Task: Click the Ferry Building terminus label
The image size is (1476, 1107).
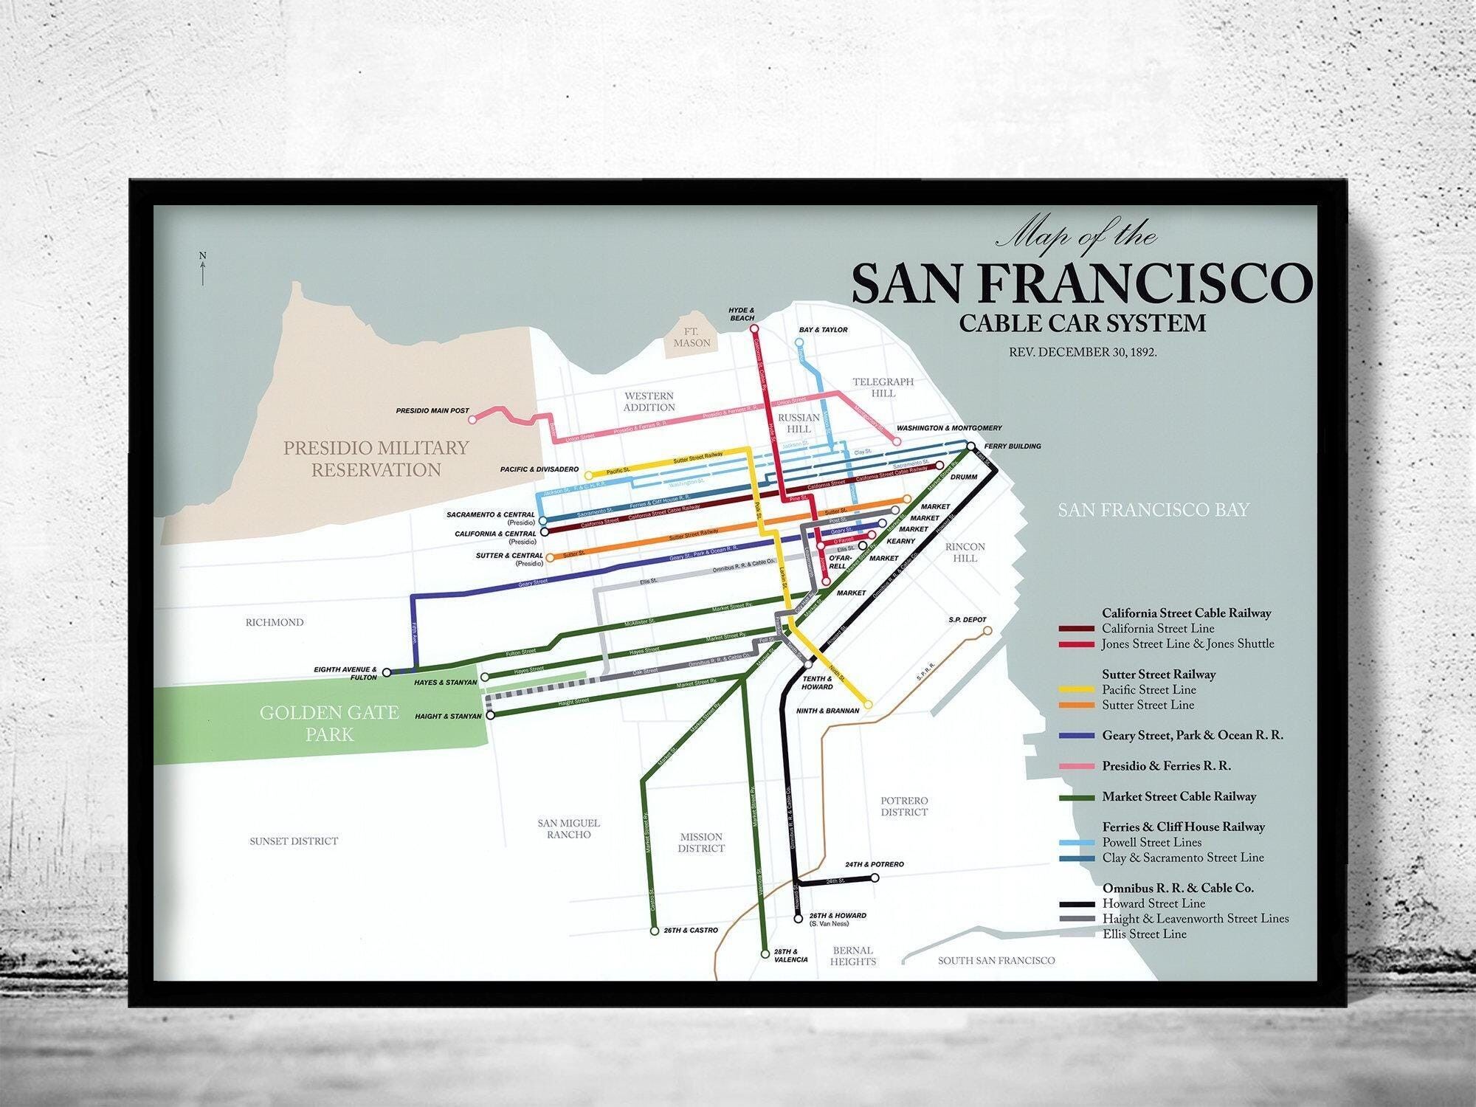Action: pos(1013,446)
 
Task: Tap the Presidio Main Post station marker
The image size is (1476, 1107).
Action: pos(474,419)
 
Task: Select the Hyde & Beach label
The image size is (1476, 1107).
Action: pos(741,314)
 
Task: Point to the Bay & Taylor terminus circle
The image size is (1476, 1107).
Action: pos(799,342)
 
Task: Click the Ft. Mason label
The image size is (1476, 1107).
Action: pos(692,337)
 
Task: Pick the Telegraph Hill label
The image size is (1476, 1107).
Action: pos(883,387)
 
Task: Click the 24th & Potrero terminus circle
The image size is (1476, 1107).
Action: pos(875,878)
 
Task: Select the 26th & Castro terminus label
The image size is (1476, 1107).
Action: pos(690,931)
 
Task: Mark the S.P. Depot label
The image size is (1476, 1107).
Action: pos(967,620)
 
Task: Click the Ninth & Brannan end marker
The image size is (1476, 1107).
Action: pos(868,705)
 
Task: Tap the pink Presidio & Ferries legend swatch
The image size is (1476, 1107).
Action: pos(1076,767)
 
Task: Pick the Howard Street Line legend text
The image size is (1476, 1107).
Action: pos(1153,903)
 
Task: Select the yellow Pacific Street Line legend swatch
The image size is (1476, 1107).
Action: pos(1076,690)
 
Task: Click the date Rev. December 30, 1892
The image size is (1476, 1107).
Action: pos(1083,352)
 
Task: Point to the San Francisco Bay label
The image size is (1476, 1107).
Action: pos(1153,510)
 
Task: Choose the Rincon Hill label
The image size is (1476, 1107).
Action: pos(965,552)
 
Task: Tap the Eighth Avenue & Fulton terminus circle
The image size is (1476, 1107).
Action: pos(386,672)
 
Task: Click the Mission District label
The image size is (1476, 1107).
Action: pos(700,842)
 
